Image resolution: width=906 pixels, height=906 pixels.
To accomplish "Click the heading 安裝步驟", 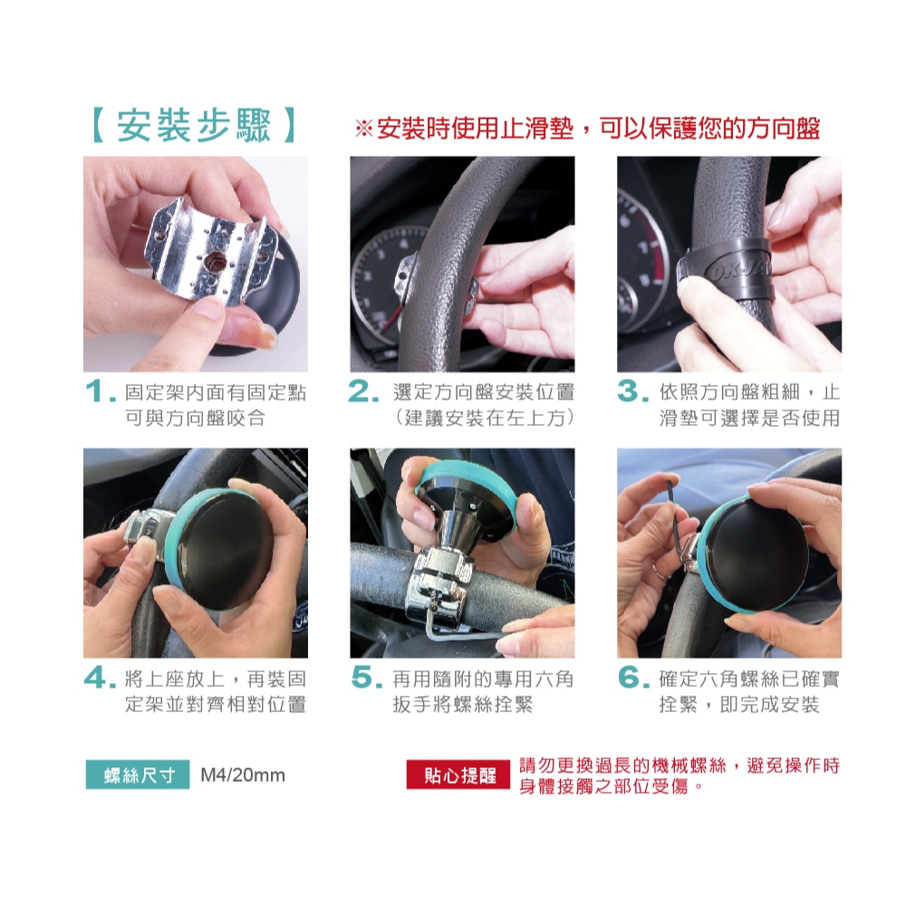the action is [194, 125].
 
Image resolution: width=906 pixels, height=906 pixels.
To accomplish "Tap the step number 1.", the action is [97, 391].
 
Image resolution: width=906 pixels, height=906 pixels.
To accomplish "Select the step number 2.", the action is [364, 391].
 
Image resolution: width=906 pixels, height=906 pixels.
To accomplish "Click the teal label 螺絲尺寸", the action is [138, 775].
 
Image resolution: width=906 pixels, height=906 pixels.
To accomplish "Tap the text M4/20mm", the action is [243, 775].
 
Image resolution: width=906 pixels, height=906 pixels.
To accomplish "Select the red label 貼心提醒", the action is [458, 775].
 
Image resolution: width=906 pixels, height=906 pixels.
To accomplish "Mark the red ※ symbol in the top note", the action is [364, 129].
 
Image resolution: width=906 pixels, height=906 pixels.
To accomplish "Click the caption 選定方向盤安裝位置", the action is [484, 392].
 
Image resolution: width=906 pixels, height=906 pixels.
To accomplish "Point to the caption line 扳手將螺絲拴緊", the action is [463, 704].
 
